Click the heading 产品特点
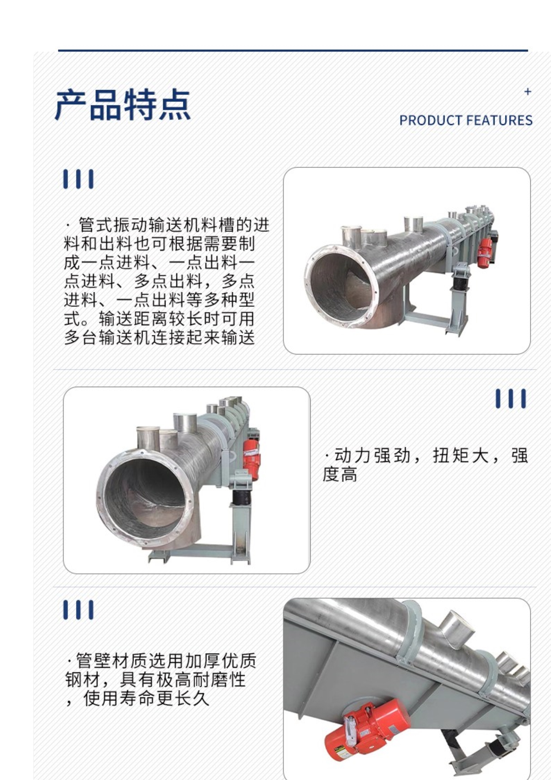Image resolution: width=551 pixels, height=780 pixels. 123,105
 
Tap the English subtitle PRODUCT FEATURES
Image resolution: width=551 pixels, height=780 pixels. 466,120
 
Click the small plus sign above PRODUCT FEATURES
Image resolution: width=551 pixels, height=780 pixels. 528,92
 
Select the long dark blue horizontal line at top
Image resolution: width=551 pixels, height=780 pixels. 293,51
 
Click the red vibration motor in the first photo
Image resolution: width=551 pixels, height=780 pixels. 484,254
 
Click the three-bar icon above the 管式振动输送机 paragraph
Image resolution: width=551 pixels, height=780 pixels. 78,179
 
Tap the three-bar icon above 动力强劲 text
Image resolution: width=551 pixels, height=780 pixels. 511,398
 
